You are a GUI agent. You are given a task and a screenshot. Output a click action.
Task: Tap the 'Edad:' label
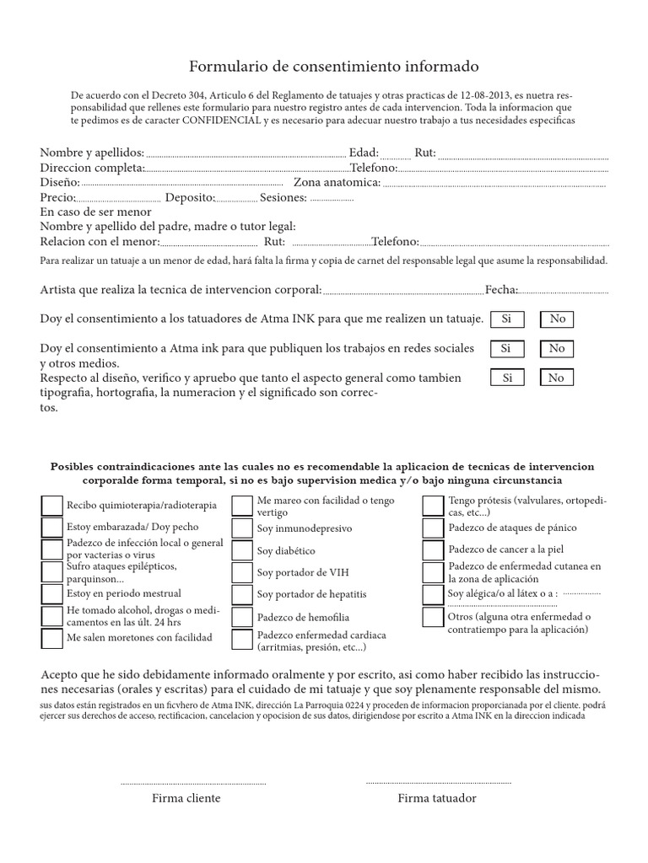(364, 153)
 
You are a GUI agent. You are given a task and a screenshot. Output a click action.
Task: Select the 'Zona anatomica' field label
(337, 182)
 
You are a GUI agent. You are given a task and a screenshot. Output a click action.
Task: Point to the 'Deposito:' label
(190, 197)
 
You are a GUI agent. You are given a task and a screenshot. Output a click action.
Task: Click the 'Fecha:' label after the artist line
(501, 290)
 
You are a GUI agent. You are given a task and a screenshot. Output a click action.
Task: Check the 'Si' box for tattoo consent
(506, 319)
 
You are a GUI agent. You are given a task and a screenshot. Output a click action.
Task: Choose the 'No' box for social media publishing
(556, 348)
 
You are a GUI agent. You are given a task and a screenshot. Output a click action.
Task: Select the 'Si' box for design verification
(506, 378)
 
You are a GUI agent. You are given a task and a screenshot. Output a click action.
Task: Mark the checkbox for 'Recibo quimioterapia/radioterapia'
(51, 505)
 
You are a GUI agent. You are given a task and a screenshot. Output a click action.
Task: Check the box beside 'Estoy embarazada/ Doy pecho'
(51, 528)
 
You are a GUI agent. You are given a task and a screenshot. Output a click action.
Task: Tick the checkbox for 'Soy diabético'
(242, 550)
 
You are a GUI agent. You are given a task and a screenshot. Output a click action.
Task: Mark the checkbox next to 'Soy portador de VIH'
(242, 572)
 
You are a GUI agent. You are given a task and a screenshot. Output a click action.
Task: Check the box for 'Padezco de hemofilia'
(242, 616)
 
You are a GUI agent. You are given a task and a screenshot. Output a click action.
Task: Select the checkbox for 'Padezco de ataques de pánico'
(434, 528)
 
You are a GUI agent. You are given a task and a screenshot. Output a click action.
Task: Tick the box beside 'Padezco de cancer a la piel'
(434, 550)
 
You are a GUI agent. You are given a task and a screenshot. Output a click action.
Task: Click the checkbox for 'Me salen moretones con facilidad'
(51, 637)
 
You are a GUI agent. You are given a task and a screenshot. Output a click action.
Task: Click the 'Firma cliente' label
(186, 798)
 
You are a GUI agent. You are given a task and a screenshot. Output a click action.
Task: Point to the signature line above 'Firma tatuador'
(438, 783)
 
